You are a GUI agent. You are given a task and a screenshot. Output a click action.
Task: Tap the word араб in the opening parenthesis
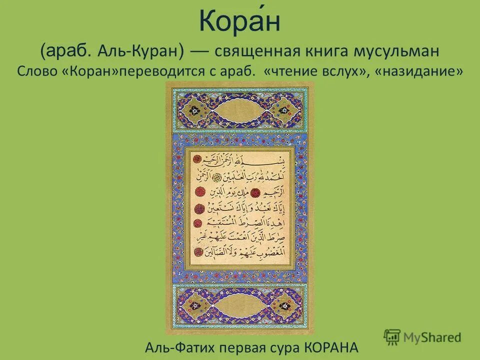coord(67,50)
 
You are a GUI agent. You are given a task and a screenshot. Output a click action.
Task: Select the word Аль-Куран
coord(141,50)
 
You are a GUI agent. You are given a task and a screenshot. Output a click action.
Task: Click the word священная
coord(255,50)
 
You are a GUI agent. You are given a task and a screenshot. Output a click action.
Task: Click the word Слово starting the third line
coord(37,71)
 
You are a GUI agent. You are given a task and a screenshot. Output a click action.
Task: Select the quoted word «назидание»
coord(421,71)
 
